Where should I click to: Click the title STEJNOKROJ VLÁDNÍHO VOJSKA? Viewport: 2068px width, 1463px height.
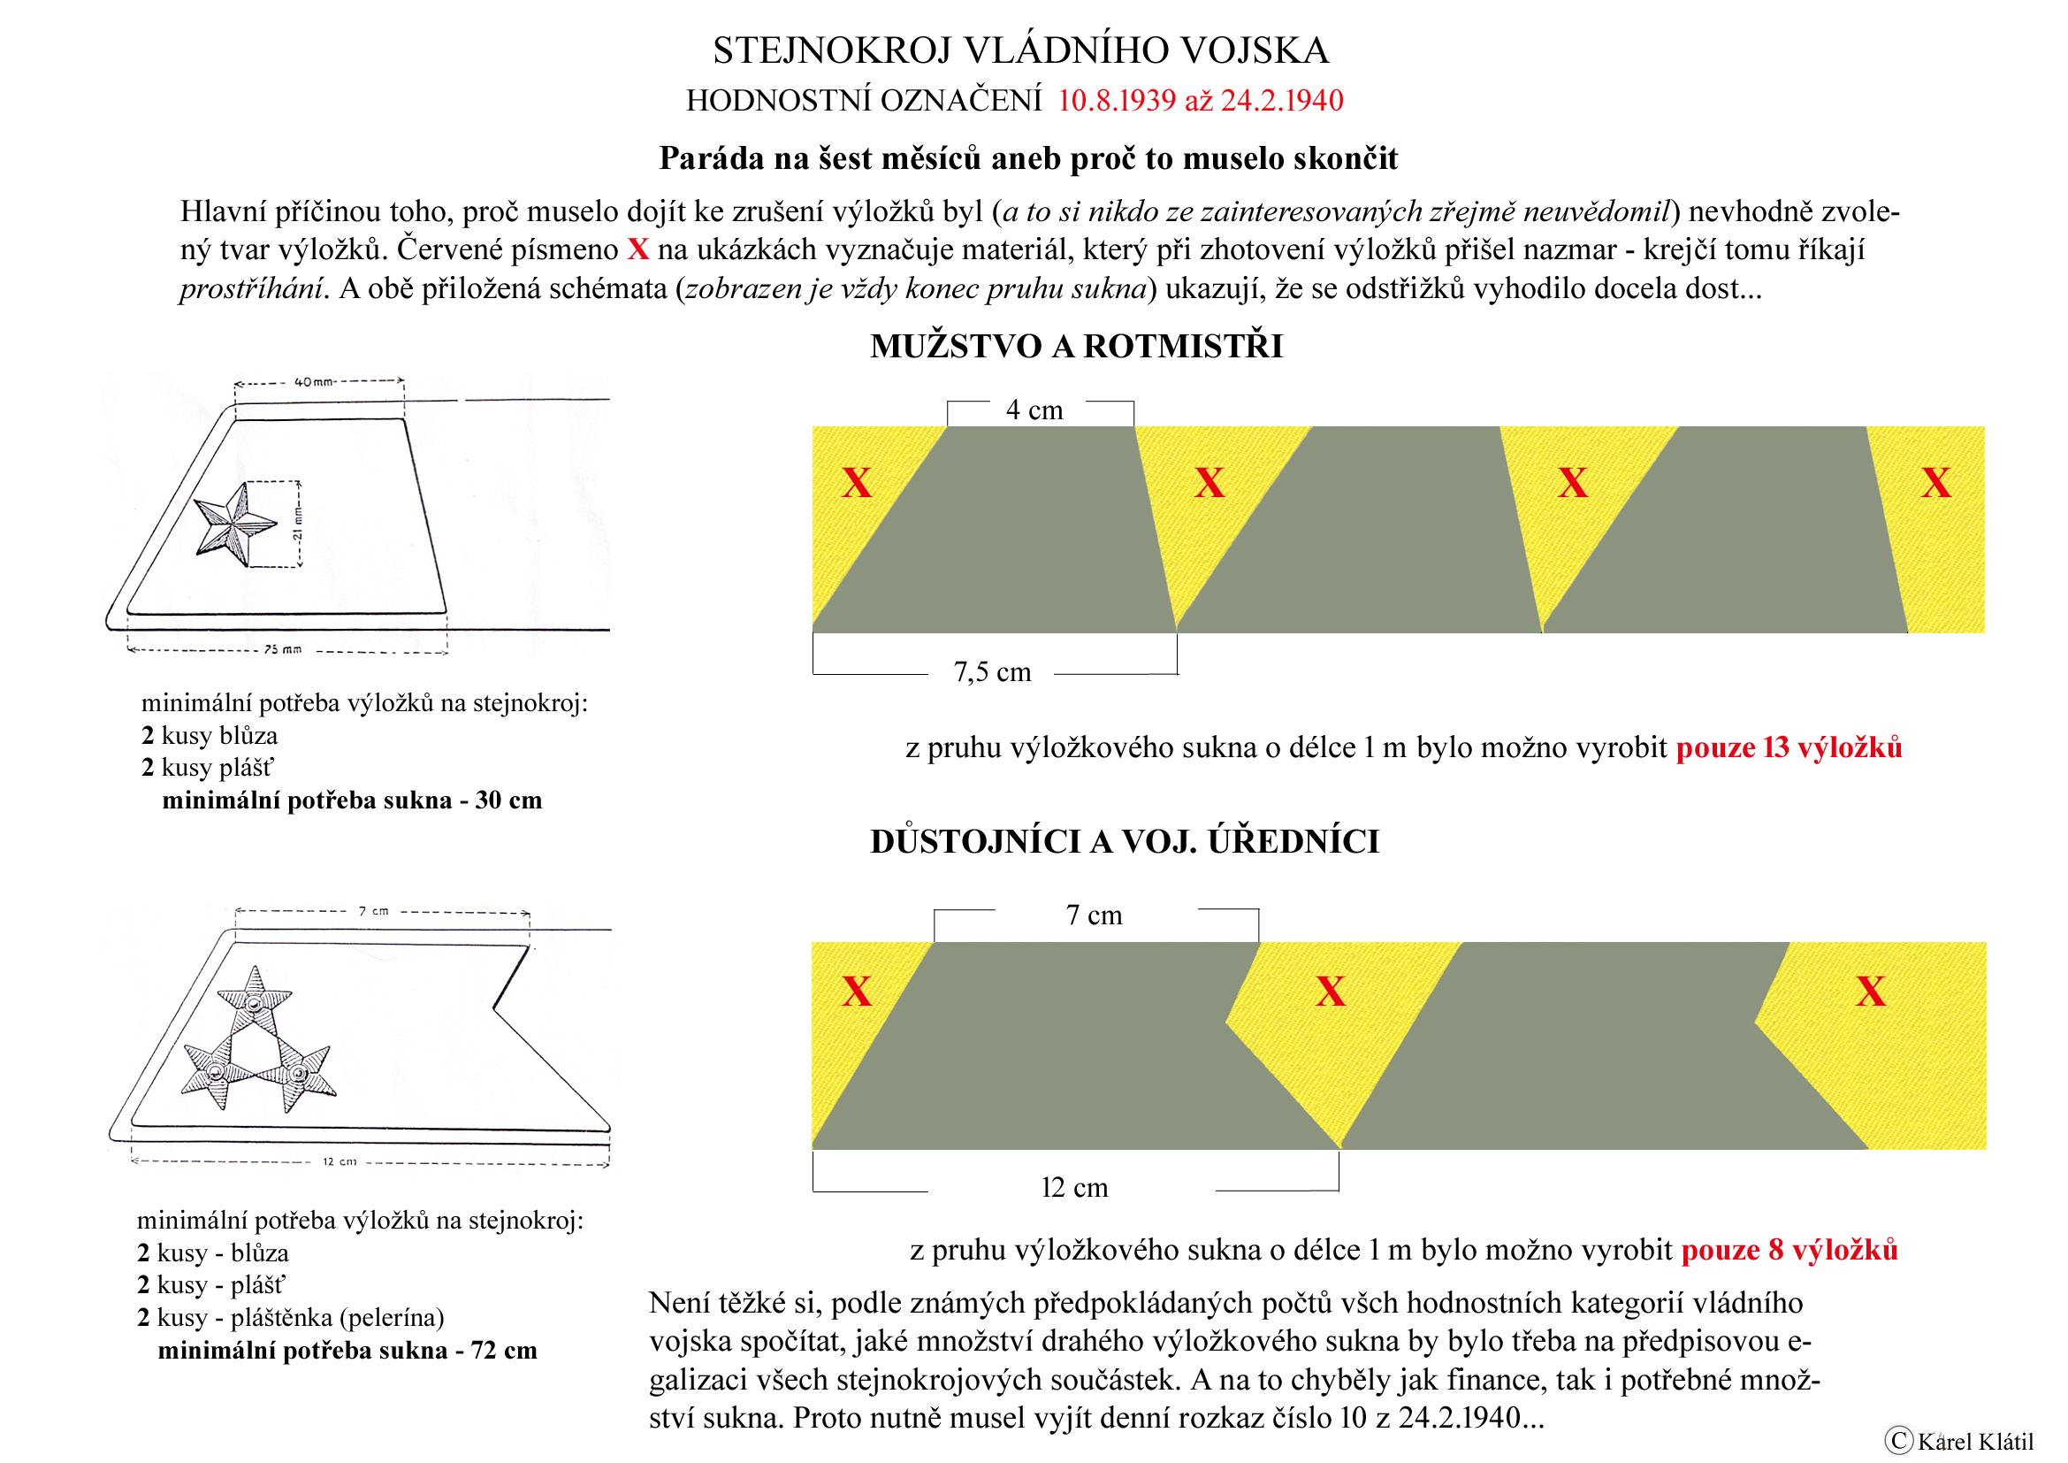[x=1020, y=51]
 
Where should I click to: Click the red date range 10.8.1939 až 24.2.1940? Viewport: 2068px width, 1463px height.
[x=1200, y=101]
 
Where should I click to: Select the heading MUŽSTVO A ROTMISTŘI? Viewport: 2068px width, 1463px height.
[x=1075, y=347]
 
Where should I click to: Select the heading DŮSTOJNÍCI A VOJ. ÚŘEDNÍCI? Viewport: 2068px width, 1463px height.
[x=1124, y=841]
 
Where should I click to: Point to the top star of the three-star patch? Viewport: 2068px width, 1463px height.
[x=256, y=1001]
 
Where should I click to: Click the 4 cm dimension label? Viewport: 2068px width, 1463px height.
[x=1034, y=410]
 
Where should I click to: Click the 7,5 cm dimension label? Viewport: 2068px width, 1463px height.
[x=992, y=672]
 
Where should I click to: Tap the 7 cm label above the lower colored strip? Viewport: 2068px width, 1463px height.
[x=1094, y=915]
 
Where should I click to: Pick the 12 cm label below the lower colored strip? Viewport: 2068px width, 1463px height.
[x=1073, y=1187]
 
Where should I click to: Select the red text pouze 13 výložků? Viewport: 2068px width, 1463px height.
[x=1788, y=747]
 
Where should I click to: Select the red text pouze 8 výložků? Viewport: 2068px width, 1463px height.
[x=1789, y=1251]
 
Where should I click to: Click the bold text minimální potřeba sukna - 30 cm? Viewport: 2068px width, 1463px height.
[x=351, y=800]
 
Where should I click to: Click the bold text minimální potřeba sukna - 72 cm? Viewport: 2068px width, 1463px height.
[x=347, y=1351]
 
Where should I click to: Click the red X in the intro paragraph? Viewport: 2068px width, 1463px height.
[x=637, y=249]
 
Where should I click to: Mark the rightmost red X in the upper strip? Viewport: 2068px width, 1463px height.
[x=1935, y=484]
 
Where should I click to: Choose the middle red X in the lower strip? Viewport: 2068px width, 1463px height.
[x=1331, y=992]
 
